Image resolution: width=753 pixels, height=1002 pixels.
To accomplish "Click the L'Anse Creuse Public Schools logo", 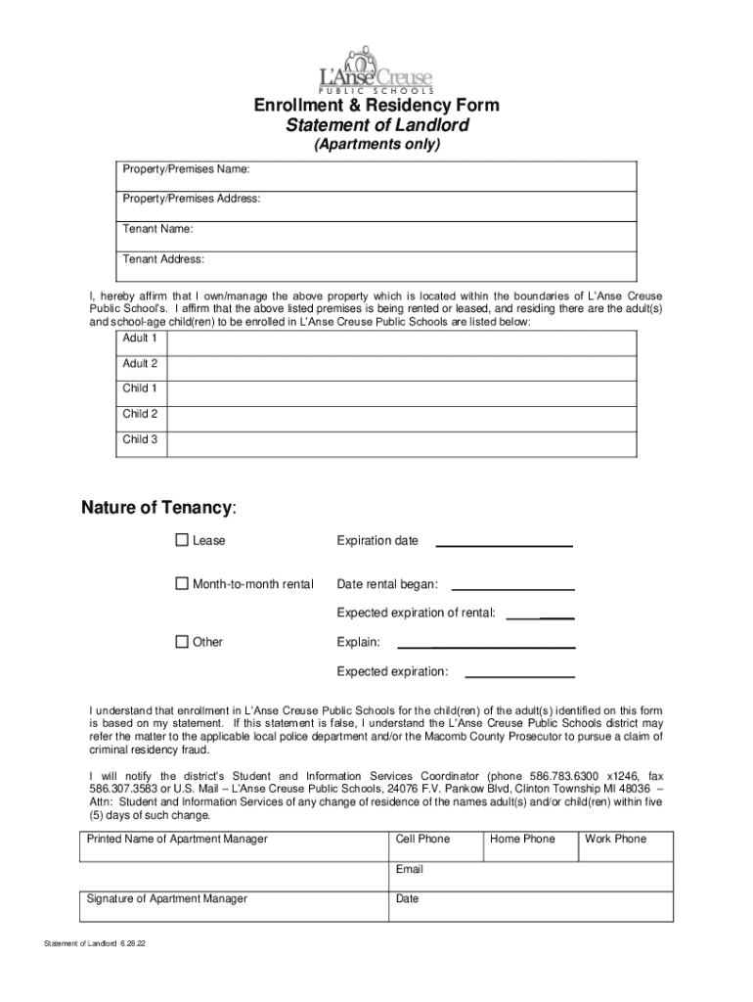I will (376, 69).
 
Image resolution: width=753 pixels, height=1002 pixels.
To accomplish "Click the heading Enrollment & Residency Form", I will (376, 106).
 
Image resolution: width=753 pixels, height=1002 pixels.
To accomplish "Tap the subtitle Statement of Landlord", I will (376, 125).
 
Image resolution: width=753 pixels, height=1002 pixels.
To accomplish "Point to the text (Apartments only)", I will (376, 145).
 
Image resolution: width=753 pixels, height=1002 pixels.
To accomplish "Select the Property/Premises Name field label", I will (186, 169).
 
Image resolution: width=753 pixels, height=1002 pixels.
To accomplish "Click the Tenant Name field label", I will (157, 229).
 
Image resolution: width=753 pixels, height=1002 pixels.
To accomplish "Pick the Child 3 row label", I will (140, 439).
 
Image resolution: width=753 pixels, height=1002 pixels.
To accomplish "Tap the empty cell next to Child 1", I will (402, 389).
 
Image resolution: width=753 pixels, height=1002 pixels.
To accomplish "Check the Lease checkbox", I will (182, 540).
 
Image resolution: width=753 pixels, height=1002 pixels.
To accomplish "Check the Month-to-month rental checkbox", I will (182, 584).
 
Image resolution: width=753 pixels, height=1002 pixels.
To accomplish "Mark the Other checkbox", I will (182, 642).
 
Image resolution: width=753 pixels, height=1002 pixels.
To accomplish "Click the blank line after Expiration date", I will (504, 544).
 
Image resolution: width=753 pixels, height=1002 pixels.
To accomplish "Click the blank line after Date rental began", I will (512, 588).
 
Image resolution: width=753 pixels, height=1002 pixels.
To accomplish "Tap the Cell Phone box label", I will (422, 839).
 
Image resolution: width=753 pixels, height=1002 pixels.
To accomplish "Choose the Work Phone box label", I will (615, 839).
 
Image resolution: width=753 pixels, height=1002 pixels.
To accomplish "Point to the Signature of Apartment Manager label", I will (167, 898).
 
